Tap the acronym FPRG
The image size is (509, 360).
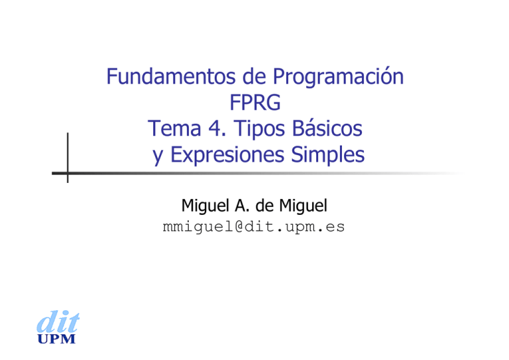point(254,103)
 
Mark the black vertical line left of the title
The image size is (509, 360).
point(68,156)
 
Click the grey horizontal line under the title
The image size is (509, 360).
point(265,174)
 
